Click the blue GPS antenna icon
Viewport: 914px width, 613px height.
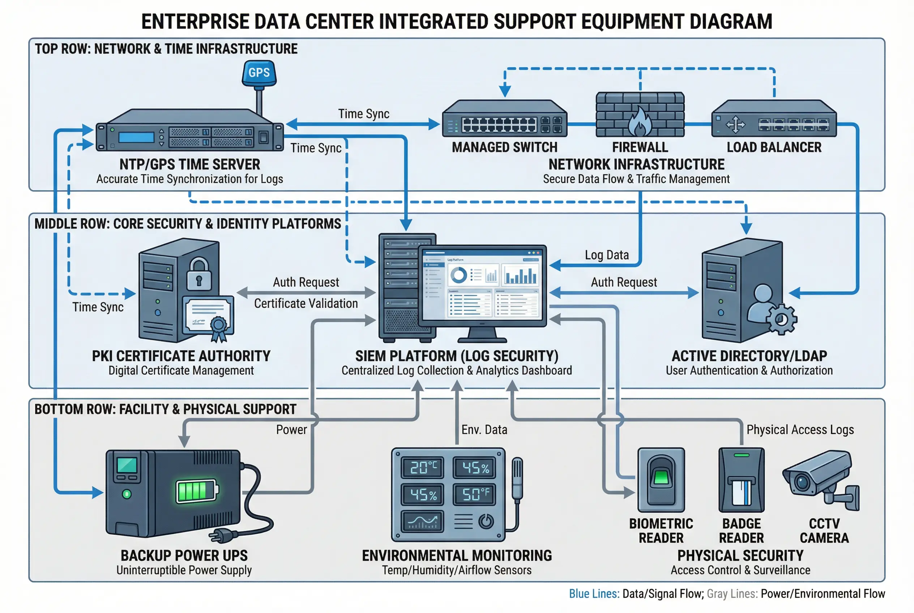[x=259, y=73]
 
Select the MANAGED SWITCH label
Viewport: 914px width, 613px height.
[x=504, y=147]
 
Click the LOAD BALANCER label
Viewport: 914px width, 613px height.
[x=774, y=147]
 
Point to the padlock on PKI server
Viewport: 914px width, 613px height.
[x=199, y=274]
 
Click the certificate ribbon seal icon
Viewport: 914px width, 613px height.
[x=219, y=326]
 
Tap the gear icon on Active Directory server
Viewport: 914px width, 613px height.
[x=781, y=320]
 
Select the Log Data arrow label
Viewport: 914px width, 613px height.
[x=607, y=255]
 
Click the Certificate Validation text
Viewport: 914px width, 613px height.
[x=306, y=303]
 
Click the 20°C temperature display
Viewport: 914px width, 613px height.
[x=423, y=467]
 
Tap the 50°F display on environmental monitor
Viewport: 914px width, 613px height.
[x=474, y=494]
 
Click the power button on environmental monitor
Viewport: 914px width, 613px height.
[x=486, y=521]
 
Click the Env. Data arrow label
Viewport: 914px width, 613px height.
[x=484, y=430]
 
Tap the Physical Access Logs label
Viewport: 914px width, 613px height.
[x=800, y=430]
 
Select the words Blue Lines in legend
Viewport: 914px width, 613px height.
[x=594, y=594]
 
